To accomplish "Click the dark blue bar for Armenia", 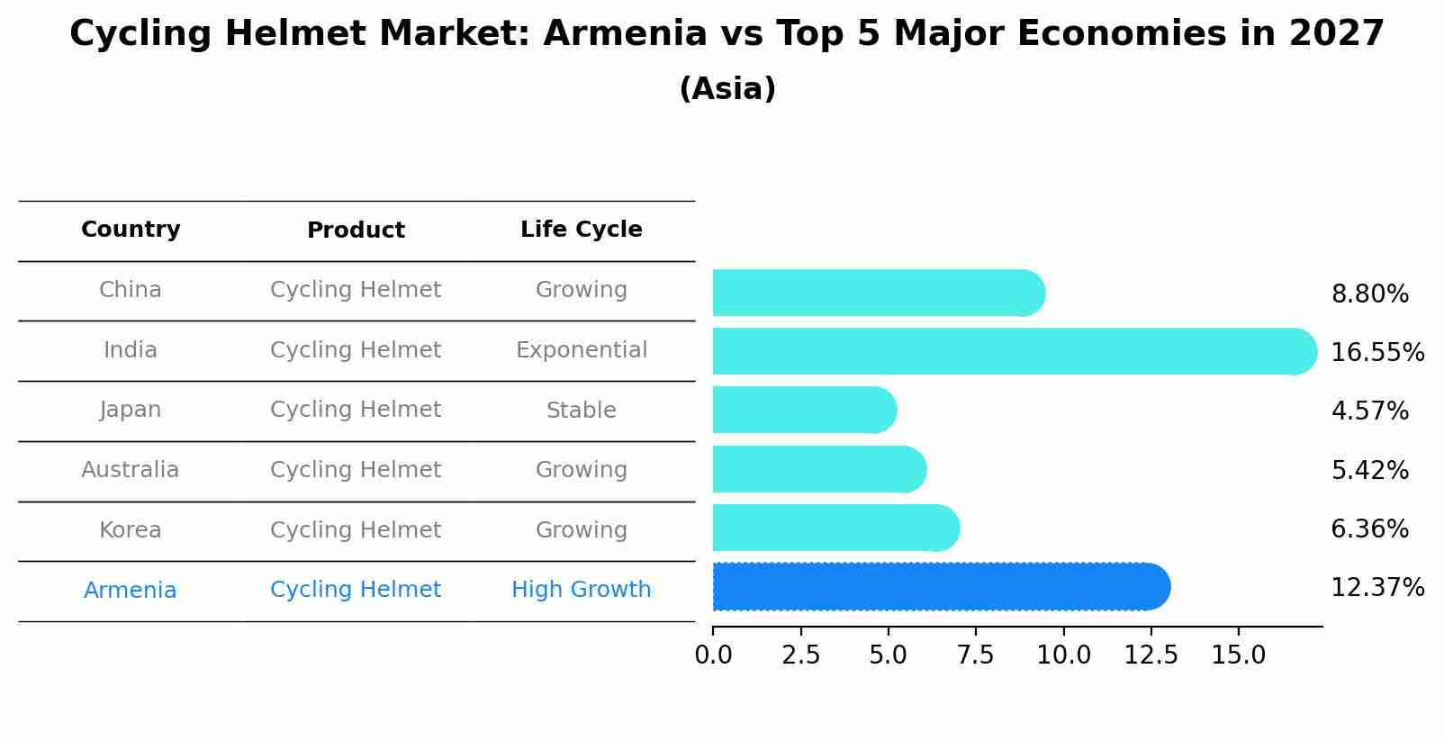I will pyautogui.click(x=941, y=587).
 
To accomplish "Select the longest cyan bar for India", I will pyautogui.click(x=1015, y=351).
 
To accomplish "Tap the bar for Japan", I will pyautogui.click(x=804, y=411).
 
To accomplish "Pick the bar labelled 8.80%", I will pyautogui.click(x=879, y=293).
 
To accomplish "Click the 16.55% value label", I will pyautogui.click(x=1376, y=352).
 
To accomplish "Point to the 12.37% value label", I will pyautogui.click(x=1376, y=588).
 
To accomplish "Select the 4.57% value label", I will pyautogui.click(x=1369, y=411).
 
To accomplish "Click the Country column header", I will pyautogui.click(x=131, y=230).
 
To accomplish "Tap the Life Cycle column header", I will pyautogui.click(x=581, y=230).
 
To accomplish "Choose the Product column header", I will pyautogui.click(x=356, y=230).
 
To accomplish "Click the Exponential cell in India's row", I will pyautogui.click(x=581, y=350).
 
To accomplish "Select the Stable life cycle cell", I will pyautogui.click(x=581, y=411).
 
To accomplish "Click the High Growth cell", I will pyautogui.click(x=581, y=590).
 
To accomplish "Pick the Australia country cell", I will pyautogui.click(x=131, y=470).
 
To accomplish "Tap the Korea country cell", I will pyautogui.click(x=131, y=530).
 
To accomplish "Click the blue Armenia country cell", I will pyautogui.click(x=131, y=591).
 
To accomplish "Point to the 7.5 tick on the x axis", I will pyautogui.click(x=976, y=655).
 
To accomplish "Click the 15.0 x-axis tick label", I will pyautogui.click(x=1239, y=655).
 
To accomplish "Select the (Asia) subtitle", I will pyautogui.click(x=727, y=89).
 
